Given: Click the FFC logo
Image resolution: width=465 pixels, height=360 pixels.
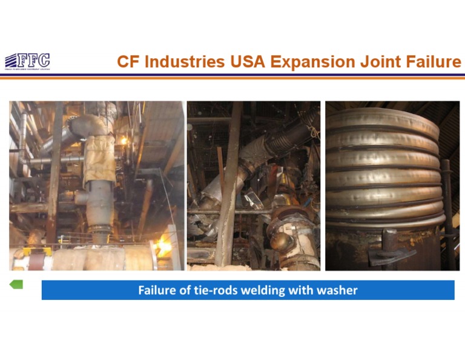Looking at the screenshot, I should tap(27, 61).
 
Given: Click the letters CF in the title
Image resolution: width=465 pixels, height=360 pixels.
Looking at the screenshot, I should tap(128, 62).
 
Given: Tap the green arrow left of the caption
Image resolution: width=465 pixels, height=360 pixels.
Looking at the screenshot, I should tap(16, 283).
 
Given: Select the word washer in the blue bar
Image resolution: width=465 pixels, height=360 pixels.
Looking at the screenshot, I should tap(337, 290).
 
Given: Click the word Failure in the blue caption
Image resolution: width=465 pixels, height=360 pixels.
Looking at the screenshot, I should tap(157, 290).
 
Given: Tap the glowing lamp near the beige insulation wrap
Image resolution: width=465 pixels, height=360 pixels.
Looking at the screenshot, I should tap(125, 141).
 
